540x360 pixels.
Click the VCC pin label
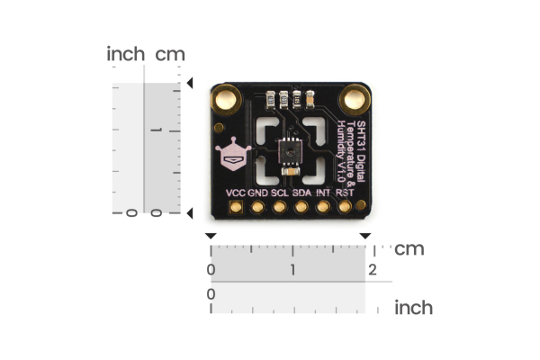coord(236,193)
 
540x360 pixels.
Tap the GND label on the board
coord(257,193)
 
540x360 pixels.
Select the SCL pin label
coord(280,193)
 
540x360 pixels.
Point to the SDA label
coord(302,193)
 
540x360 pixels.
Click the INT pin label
coord(324,193)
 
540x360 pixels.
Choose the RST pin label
coord(345,193)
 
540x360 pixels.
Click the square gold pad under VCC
coord(236,208)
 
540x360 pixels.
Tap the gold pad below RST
coord(345,208)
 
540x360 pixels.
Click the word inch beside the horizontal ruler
coord(413,308)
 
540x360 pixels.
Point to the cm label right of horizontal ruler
coord(409,248)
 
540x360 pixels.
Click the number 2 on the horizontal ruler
coord(372,270)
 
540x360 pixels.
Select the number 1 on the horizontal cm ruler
coord(292,270)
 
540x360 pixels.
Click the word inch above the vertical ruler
coord(125,54)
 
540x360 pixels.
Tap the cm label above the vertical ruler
coord(170,54)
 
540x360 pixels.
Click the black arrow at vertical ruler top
coord(189,84)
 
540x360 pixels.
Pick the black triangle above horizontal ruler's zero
coord(211,236)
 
